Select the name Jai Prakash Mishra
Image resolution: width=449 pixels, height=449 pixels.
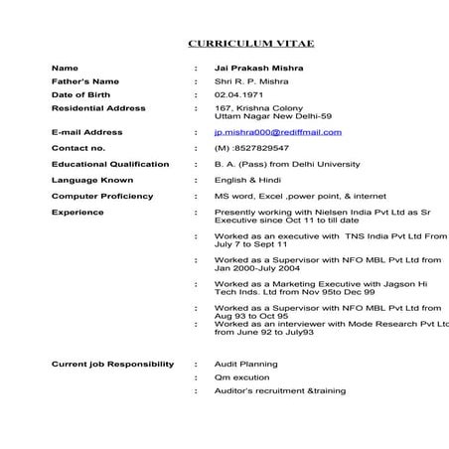point(259,68)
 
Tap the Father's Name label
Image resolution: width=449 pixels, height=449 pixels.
point(85,80)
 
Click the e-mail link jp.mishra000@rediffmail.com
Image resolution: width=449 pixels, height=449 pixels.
point(277,132)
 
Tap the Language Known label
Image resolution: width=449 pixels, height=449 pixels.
point(91,180)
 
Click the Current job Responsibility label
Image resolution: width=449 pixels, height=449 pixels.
point(112,365)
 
